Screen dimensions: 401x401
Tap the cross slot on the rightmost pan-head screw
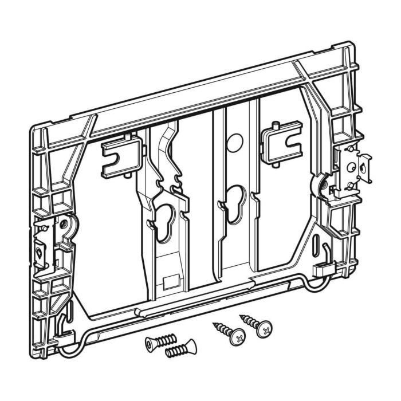pyautogui.click(x=264, y=329)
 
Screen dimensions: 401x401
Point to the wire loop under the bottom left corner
pyautogui.click(x=68, y=347)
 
